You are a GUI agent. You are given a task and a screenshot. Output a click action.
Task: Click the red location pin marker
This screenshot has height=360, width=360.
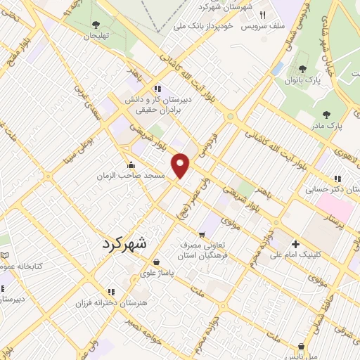181,166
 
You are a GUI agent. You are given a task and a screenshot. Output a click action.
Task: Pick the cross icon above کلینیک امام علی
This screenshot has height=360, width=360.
296,245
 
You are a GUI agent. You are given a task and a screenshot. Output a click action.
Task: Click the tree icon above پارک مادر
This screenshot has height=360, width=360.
326,114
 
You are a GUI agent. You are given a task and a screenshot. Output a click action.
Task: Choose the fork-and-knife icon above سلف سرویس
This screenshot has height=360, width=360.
263,14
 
